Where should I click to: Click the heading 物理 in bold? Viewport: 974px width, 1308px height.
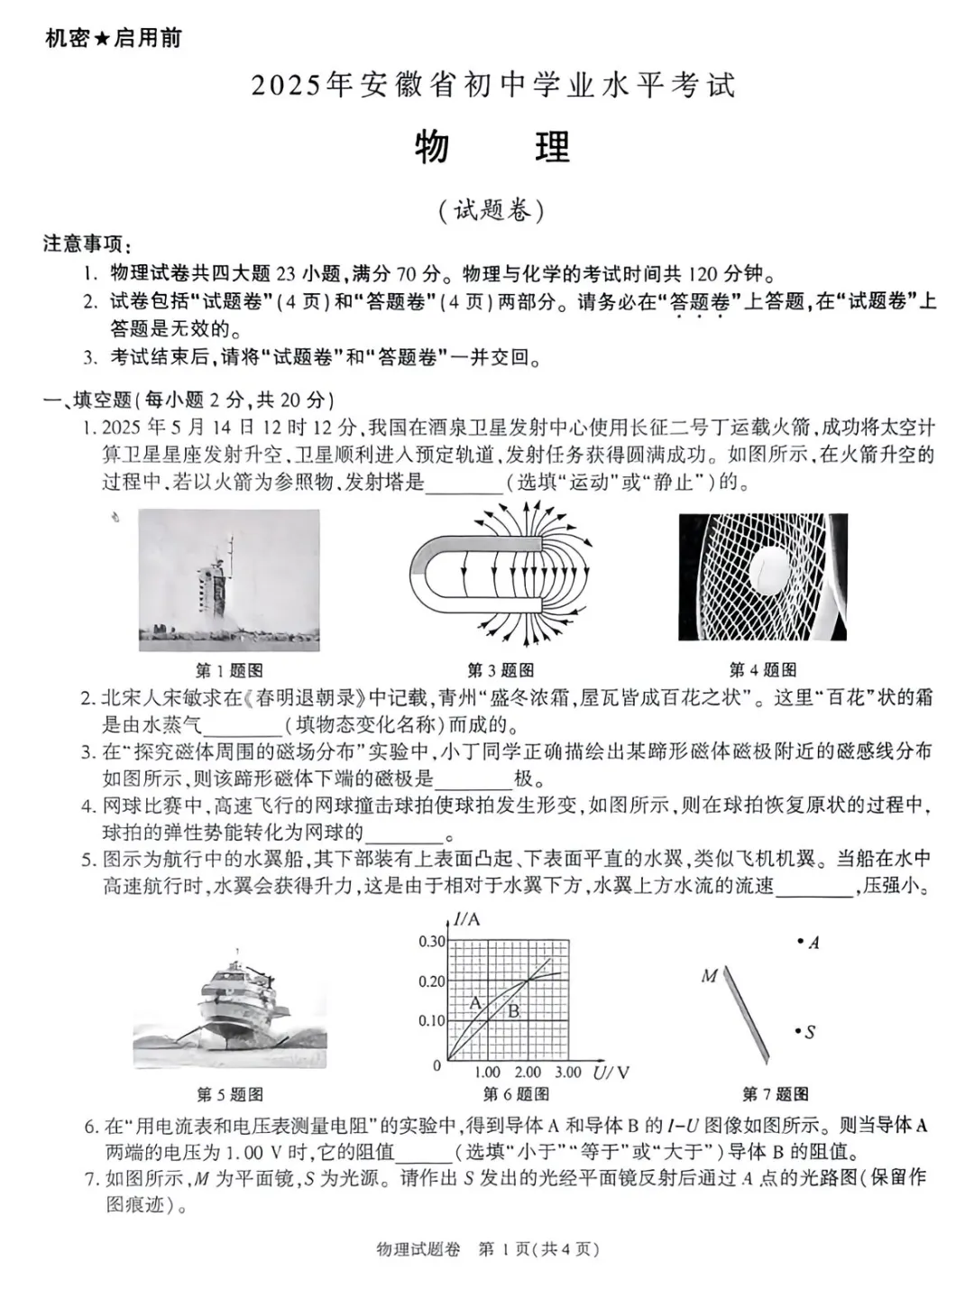(x=492, y=147)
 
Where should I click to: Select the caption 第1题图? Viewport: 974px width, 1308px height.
(x=229, y=670)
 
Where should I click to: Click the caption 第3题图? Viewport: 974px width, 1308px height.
(x=501, y=670)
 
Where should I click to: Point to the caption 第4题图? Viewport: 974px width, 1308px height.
(x=763, y=669)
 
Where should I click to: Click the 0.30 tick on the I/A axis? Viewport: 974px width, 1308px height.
(x=431, y=941)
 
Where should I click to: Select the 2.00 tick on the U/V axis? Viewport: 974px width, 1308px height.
(x=528, y=1073)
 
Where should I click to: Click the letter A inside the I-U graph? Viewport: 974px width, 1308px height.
(x=475, y=1002)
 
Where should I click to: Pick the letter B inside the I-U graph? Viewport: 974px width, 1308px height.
(x=513, y=1011)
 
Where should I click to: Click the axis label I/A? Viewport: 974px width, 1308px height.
(x=466, y=919)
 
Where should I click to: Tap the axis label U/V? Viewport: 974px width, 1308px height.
(x=611, y=1073)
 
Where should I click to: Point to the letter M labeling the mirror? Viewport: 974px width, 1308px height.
(x=709, y=975)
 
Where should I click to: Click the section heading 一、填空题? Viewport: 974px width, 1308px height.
(x=87, y=400)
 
